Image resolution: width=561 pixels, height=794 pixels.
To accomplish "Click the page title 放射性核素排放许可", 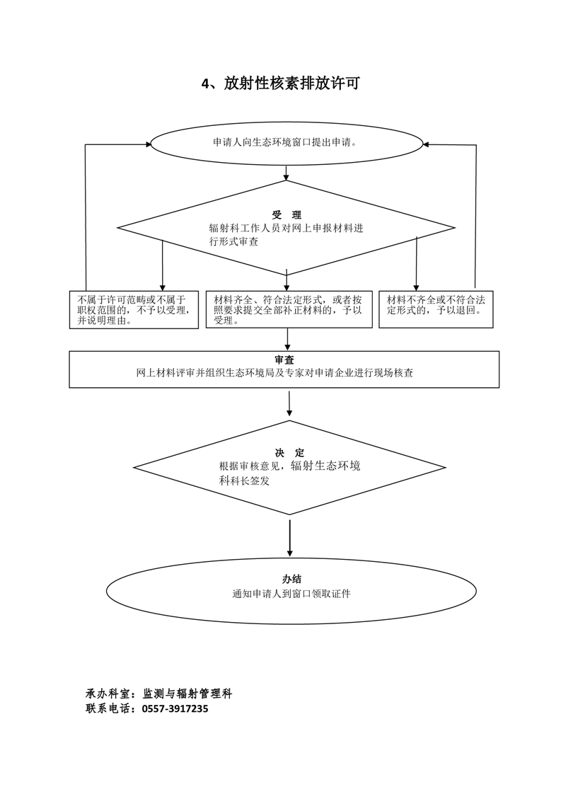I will [281, 84].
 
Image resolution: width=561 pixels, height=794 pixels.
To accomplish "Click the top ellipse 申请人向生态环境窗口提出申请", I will [285, 142].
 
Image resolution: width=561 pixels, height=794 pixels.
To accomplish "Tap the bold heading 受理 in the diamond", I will [287, 214].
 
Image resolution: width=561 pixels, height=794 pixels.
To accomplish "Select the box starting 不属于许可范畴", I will [134, 310].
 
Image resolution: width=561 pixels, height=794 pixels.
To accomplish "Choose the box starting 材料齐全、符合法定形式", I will [289, 310].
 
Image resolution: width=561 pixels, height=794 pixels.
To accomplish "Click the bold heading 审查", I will [285, 359].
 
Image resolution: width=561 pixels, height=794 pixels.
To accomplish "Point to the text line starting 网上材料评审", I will [285, 373].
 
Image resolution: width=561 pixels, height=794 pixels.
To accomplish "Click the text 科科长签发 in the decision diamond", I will [245, 481].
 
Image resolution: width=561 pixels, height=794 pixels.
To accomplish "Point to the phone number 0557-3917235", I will [175, 708].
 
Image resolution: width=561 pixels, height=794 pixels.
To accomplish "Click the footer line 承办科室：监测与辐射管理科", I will [158, 694].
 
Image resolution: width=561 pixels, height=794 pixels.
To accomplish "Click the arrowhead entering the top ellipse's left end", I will [146, 144].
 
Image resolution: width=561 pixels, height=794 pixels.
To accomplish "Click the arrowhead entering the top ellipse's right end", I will [426, 144].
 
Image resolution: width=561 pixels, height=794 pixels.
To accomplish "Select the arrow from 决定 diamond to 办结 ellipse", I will [290, 541].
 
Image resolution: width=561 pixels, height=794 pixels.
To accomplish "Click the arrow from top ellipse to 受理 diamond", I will [286, 172].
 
